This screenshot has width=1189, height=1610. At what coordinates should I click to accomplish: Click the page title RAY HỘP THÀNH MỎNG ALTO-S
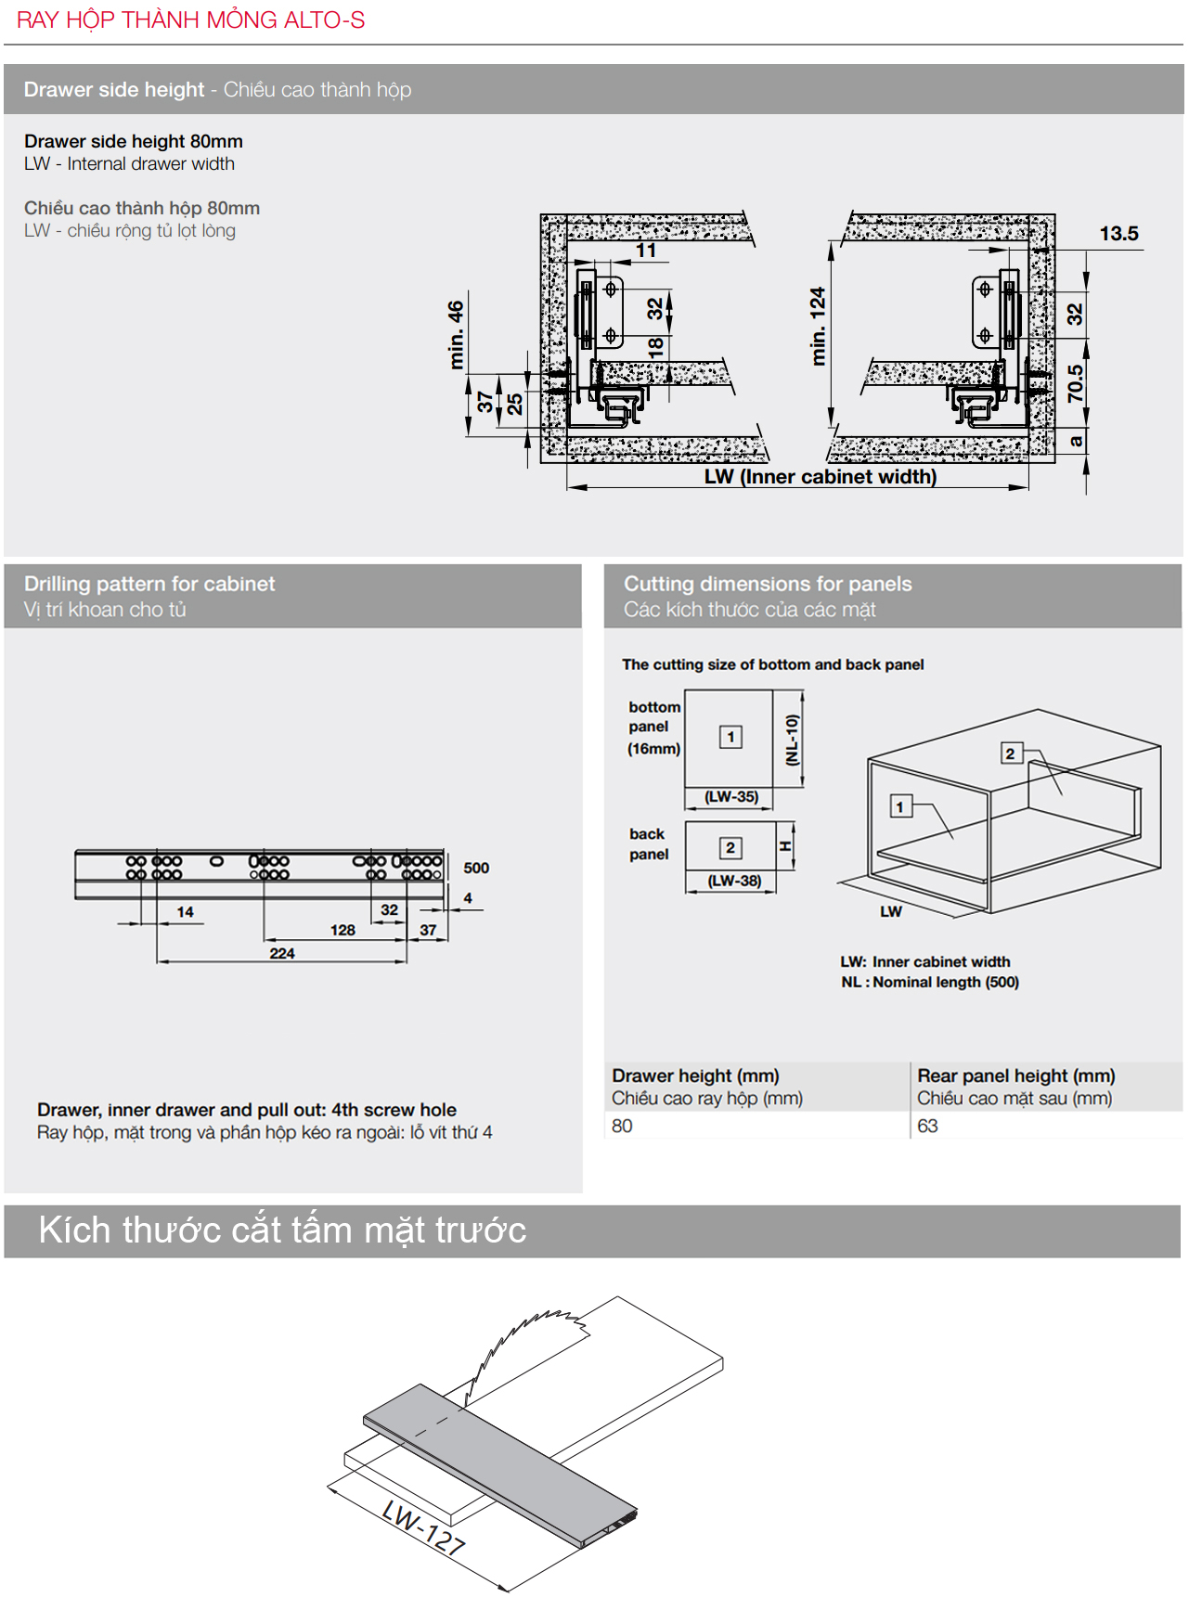coord(190,19)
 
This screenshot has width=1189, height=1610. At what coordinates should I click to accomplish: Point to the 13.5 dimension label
coord(1118,234)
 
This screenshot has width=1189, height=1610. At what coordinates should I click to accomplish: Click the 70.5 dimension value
coord(1075,383)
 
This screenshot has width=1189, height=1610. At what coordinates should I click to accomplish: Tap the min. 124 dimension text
coord(818,326)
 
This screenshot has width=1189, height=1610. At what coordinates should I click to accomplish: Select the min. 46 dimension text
coord(456,334)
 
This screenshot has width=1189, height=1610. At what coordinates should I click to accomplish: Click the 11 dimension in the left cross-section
coord(646,251)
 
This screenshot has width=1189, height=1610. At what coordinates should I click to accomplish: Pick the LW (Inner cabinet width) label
coord(820,477)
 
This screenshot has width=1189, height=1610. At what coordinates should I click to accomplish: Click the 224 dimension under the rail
coord(282,953)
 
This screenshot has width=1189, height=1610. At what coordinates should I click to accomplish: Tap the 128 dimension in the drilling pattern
coord(342,930)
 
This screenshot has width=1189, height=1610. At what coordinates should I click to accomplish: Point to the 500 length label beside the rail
coord(476,868)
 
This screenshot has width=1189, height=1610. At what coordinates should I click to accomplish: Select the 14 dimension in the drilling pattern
coord(186,912)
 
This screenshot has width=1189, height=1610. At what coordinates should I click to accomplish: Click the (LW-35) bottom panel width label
coord(731,796)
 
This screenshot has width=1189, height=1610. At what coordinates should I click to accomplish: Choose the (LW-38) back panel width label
coord(734,881)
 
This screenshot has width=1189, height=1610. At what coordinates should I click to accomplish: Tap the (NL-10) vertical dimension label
coord(792,740)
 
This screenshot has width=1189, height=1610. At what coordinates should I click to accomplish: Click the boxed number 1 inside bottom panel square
coord(731,737)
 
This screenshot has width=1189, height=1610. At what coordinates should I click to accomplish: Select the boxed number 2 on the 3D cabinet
coord(1010,753)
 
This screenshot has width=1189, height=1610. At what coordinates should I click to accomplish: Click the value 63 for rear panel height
coord(927,1126)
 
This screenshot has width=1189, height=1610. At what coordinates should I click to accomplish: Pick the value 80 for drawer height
coord(622,1126)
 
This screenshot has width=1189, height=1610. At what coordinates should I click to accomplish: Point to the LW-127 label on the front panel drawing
coord(423,1527)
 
